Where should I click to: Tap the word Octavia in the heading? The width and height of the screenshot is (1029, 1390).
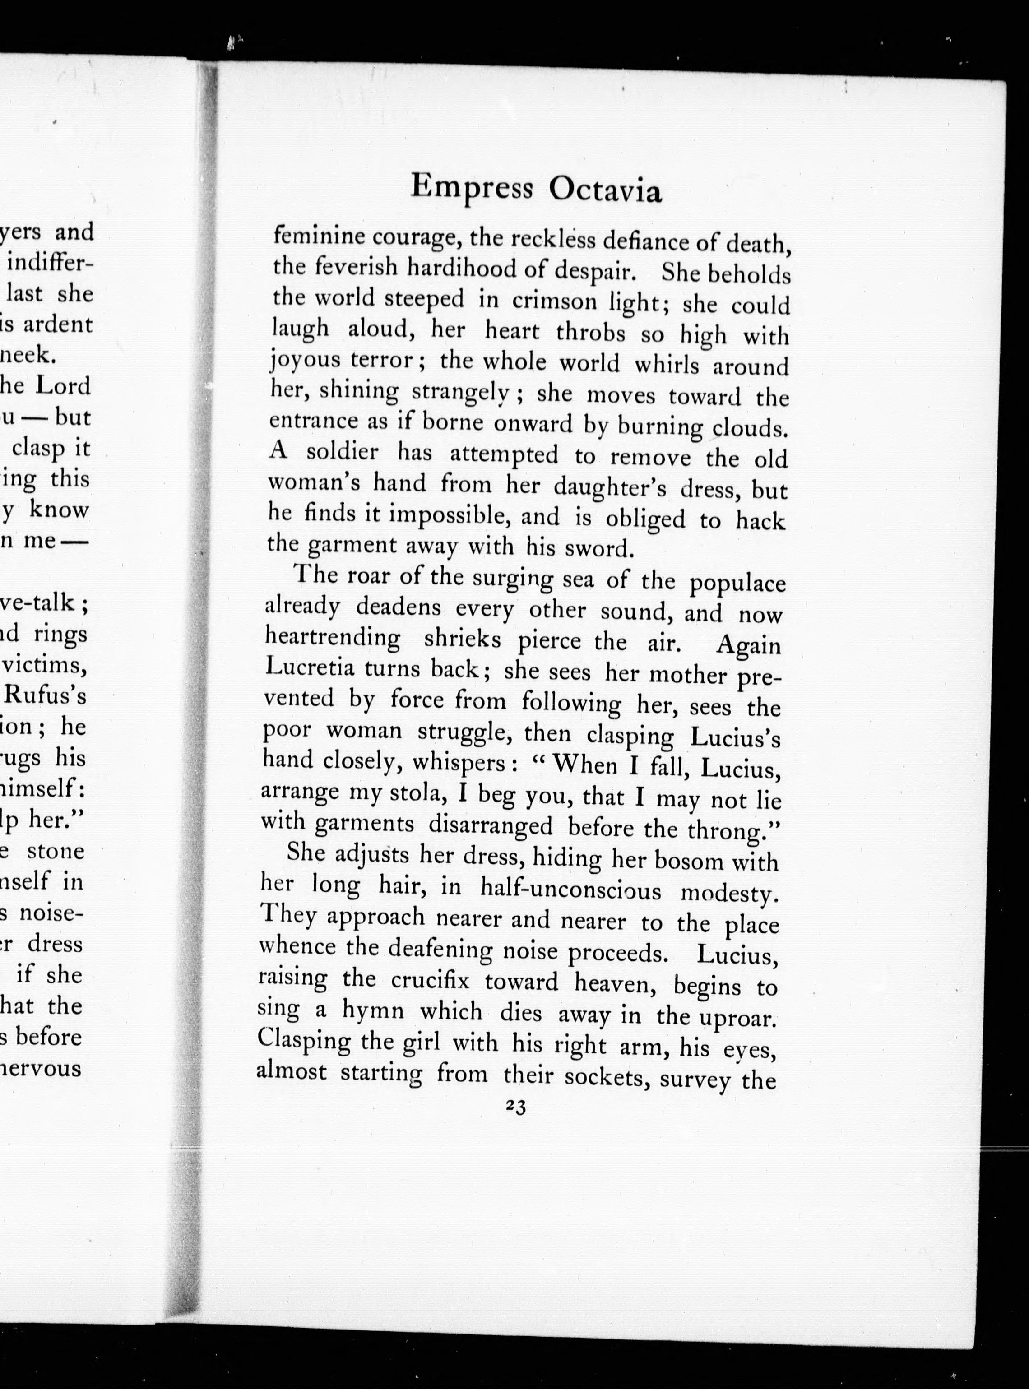[x=604, y=192]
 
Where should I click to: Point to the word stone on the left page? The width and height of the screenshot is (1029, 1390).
[x=56, y=851]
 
